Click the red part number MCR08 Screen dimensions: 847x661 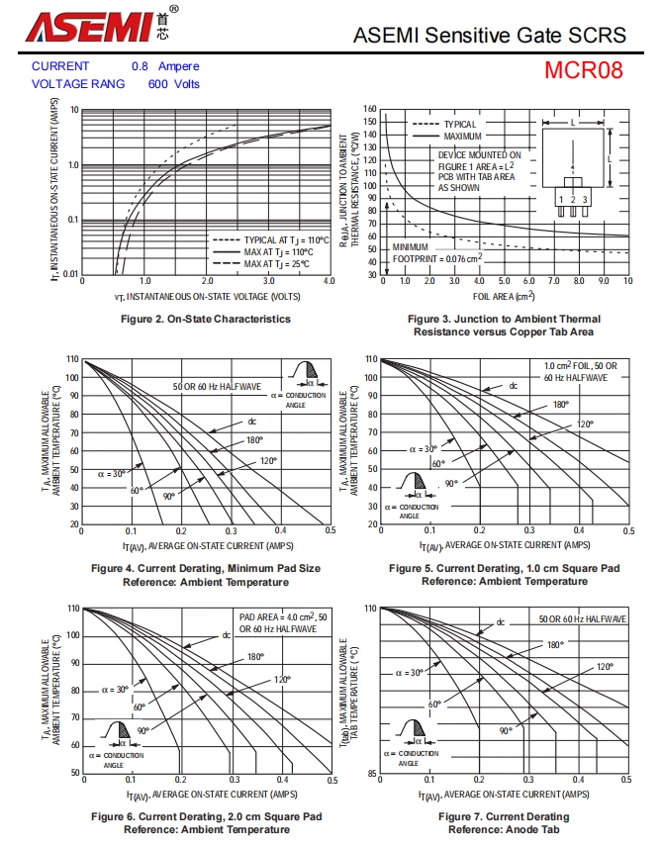(584, 71)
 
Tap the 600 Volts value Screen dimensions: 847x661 (174, 84)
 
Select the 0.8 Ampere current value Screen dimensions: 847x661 (165, 66)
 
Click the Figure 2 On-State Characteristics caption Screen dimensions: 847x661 (206, 319)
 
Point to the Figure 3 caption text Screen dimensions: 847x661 (504, 326)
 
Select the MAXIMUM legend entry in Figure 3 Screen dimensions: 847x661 (462, 136)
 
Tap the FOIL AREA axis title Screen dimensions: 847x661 (504, 295)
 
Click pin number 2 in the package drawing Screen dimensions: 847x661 (572, 200)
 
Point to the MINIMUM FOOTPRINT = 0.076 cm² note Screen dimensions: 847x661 (437, 252)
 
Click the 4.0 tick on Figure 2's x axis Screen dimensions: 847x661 (330, 282)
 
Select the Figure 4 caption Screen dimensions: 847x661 (206, 575)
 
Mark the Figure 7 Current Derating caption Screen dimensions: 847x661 (504, 822)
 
